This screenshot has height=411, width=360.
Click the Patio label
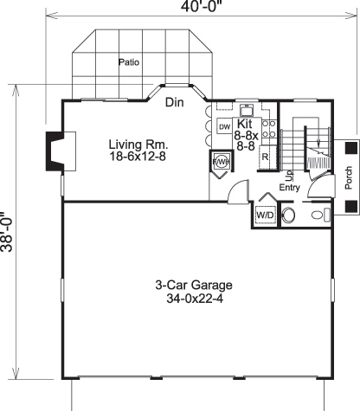(129, 62)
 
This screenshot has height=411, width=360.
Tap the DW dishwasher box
(224, 127)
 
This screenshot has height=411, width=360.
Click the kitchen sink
(246, 111)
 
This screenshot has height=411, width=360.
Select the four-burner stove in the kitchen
(268, 130)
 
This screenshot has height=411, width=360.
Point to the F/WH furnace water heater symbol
(220, 162)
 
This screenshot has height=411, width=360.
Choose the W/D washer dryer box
(264, 214)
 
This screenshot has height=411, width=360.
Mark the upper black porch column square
(350, 148)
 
